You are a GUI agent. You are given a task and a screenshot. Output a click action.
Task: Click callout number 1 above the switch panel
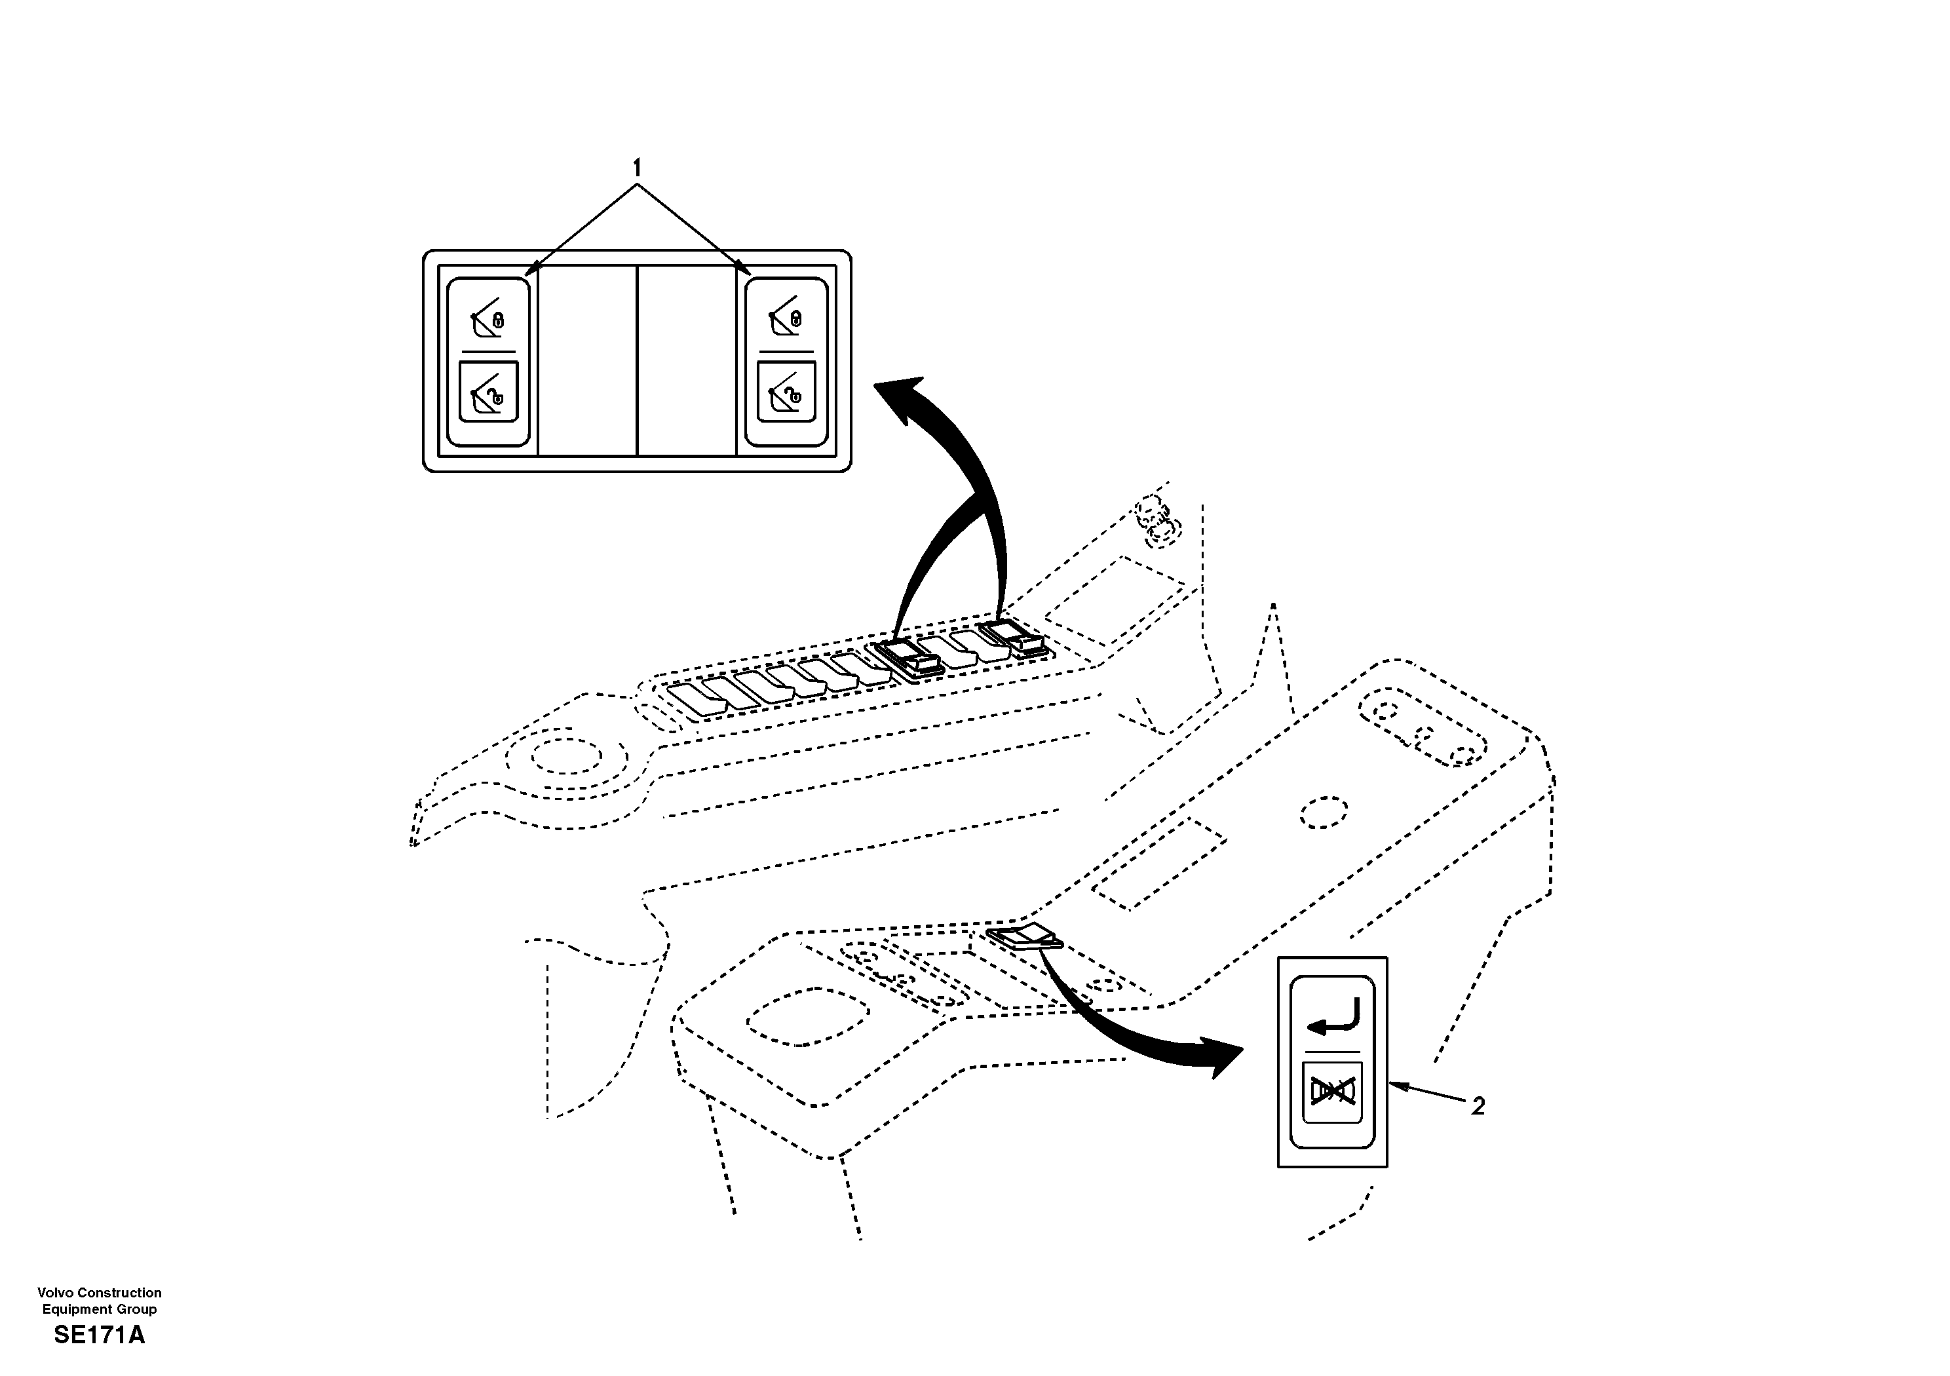(637, 167)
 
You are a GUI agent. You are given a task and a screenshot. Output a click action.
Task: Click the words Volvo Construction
(100, 1293)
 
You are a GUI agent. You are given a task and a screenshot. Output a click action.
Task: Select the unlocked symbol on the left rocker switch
(487, 392)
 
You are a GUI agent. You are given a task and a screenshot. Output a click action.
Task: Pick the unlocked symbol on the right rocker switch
(786, 392)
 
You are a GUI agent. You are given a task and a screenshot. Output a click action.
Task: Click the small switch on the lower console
(1025, 938)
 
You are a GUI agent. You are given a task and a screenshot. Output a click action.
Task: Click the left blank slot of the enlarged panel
(588, 360)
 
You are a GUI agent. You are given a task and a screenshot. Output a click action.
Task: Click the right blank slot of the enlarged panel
(686, 360)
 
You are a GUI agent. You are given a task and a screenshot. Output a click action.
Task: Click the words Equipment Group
(100, 1309)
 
